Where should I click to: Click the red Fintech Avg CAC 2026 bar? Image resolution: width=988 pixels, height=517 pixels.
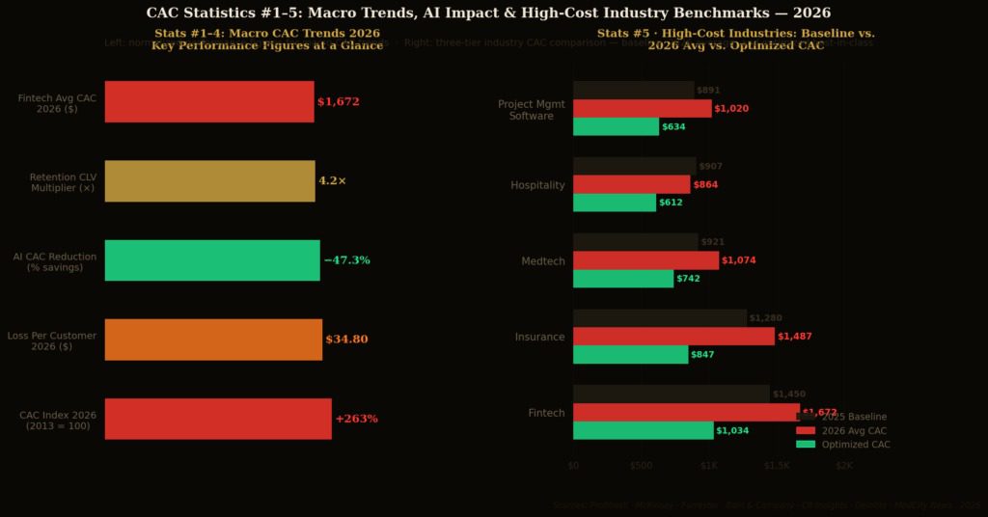tap(209, 102)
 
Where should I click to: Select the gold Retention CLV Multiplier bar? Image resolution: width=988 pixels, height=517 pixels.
tap(209, 181)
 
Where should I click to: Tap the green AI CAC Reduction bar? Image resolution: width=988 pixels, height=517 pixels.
tap(212, 260)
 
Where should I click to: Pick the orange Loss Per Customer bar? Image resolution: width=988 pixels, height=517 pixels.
tap(213, 340)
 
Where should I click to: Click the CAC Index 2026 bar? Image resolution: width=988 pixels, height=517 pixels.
tap(218, 419)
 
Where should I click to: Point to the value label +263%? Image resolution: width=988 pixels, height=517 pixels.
tap(356, 419)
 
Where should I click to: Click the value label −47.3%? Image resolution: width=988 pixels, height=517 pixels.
tap(346, 260)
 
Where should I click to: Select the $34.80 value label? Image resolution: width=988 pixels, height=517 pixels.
tap(346, 340)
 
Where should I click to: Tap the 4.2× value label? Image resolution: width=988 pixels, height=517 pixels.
tap(332, 181)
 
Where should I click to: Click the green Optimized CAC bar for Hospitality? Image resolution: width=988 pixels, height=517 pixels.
tap(614, 203)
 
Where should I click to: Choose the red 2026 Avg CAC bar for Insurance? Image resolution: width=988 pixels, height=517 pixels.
tap(673, 336)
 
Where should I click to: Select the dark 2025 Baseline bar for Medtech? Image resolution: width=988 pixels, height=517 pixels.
tap(635, 242)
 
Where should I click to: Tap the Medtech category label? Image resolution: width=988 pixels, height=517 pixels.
tap(543, 260)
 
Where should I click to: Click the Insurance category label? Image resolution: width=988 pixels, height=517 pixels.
tap(539, 337)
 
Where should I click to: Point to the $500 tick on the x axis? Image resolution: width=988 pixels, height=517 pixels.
tap(641, 465)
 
